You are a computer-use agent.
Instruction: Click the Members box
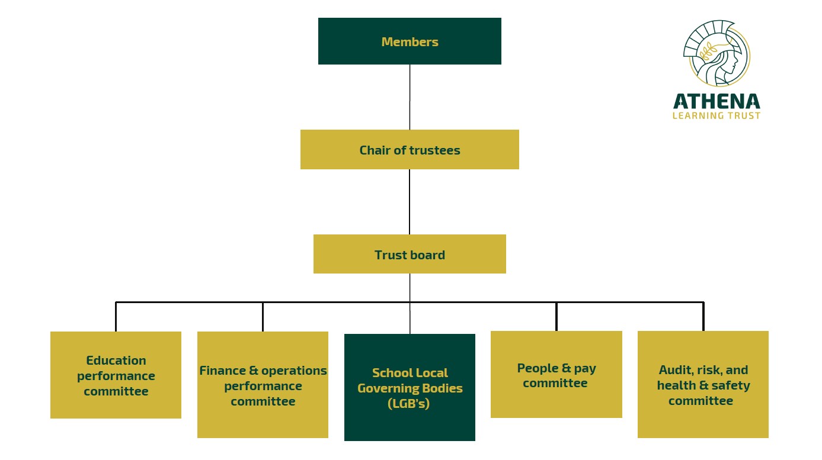point(410,41)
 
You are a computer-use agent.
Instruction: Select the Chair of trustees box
point(410,150)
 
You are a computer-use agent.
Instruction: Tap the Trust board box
point(410,255)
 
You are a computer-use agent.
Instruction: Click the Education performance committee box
point(116,375)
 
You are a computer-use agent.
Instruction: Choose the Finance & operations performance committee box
point(263,385)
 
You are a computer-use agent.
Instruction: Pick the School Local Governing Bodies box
point(410,388)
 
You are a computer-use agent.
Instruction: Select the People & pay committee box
point(556,375)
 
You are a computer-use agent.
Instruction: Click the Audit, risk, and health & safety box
point(703,385)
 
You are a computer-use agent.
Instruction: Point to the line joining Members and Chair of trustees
point(410,97)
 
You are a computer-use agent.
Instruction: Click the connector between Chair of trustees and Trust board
point(410,202)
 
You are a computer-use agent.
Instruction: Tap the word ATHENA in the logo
point(716,101)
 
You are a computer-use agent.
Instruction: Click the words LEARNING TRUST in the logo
point(716,116)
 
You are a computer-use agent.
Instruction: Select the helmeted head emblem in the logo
point(716,53)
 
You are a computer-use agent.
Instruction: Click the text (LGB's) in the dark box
point(410,404)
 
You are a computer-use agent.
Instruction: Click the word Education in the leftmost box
point(116,360)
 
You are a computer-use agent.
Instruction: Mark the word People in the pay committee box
point(538,368)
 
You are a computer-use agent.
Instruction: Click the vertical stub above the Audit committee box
point(703,317)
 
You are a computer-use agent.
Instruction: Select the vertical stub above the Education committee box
point(116,317)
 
